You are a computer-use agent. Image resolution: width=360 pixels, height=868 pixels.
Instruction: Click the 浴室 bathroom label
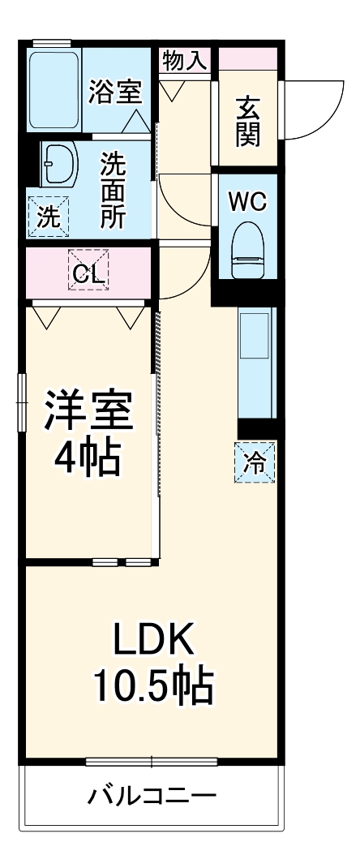pyautogui.click(x=116, y=90)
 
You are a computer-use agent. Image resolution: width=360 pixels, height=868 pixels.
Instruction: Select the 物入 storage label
pyautogui.click(x=184, y=60)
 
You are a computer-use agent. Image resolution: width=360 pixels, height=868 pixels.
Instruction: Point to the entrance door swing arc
pyautogui.click(x=305, y=114)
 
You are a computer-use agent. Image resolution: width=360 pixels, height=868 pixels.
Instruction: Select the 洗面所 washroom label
pyautogui.click(x=113, y=191)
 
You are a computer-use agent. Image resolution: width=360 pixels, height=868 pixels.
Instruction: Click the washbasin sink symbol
pyautogui.click(x=57, y=164)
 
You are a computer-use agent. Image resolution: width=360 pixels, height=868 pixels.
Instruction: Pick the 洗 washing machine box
pyautogui.click(x=48, y=216)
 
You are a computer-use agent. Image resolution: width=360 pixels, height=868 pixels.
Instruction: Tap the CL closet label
pyautogui.click(x=88, y=274)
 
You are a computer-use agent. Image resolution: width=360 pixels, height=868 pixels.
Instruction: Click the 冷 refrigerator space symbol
pyautogui.click(x=255, y=462)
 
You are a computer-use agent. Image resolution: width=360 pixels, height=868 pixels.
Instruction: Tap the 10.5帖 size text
pyautogui.click(x=152, y=688)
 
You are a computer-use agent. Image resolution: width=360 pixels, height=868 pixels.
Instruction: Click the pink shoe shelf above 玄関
pyautogui.click(x=246, y=59)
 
